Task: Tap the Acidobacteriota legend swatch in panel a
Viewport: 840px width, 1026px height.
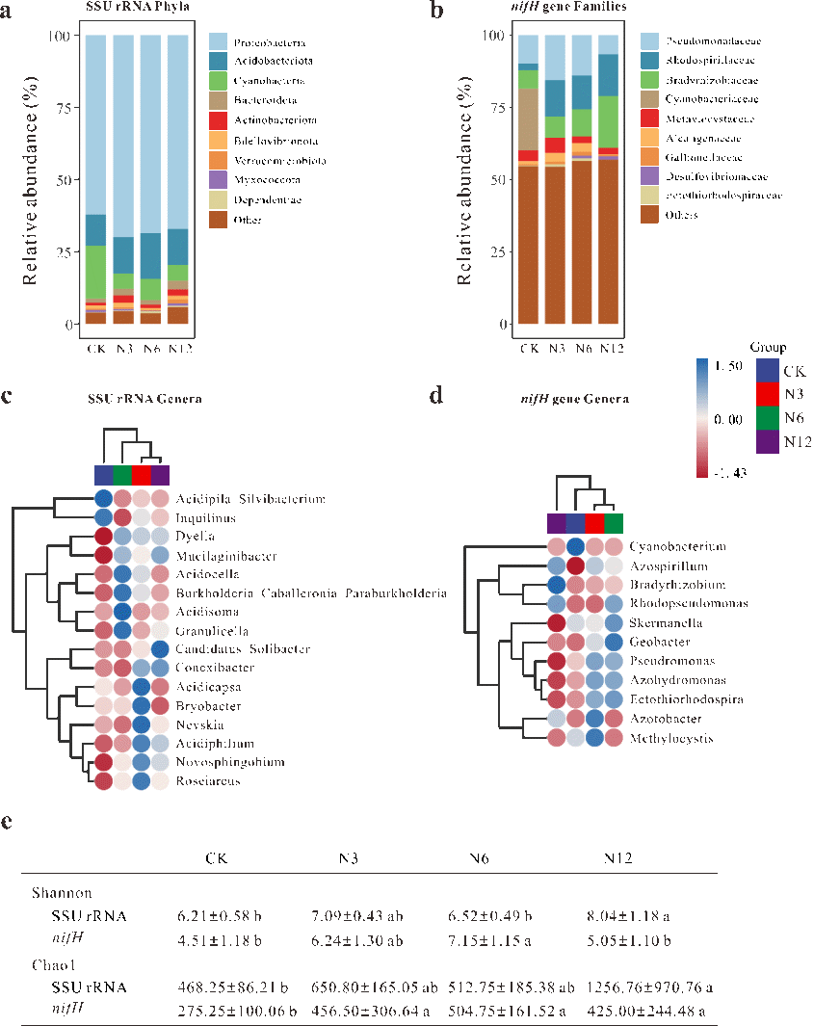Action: click(x=219, y=62)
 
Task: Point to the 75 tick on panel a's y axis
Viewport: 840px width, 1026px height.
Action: click(x=61, y=108)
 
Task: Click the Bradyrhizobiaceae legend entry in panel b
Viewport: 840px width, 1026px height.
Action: click(x=701, y=80)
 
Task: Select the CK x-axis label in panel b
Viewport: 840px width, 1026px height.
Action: click(x=528, y=348)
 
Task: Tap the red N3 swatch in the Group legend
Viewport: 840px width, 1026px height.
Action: click(x=767, y=394)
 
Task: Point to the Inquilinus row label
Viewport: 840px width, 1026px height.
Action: click(x=203, y=517)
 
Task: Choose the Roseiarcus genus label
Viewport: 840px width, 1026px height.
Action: click(x=207, y=781)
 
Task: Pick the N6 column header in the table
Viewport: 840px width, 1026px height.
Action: click(x=479, y=858)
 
